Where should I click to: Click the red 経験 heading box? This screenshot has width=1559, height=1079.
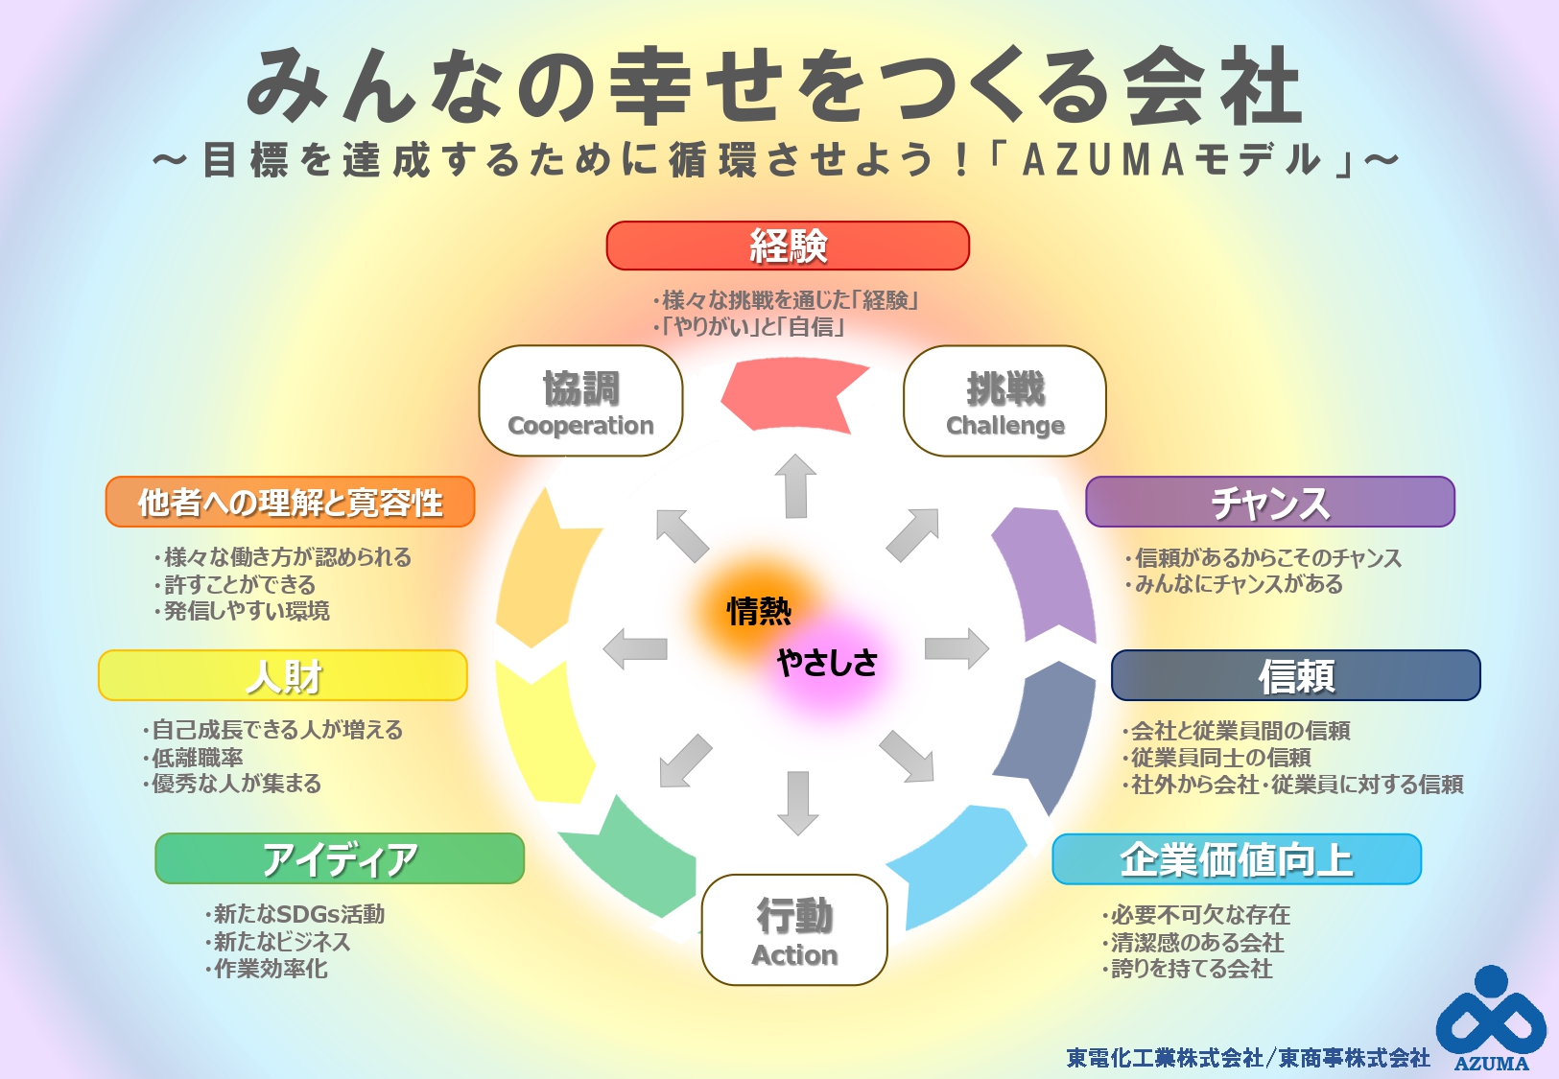click(788, 246)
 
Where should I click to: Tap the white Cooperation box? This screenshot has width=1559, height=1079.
click(580, 401)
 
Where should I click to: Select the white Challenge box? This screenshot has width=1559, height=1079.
click(1004, 401)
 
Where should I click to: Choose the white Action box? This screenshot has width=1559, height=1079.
click(794, 929)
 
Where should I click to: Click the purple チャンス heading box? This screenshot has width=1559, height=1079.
click(1269, 502)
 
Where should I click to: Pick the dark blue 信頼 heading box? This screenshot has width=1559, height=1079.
click(1295, 675)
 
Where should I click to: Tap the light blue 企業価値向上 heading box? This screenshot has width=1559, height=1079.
click(1236, 858)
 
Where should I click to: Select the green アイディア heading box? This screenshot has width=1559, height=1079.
click(340, 858)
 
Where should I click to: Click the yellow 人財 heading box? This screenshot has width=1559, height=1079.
click(283, 675)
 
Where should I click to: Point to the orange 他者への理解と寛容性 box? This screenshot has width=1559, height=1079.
click(290, 502)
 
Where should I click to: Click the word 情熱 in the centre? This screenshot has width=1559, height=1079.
click(759, 611)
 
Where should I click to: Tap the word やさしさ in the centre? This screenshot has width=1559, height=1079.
click(827, 663)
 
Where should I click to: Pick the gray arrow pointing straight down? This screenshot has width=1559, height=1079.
click(797, 802)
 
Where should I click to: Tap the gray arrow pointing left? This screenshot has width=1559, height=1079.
click(635, 648)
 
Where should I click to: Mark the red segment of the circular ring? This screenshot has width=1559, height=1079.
click(791, 393)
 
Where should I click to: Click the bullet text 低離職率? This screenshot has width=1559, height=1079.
click(198, 757)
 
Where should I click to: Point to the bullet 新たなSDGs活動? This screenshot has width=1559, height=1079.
click(298, 914)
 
